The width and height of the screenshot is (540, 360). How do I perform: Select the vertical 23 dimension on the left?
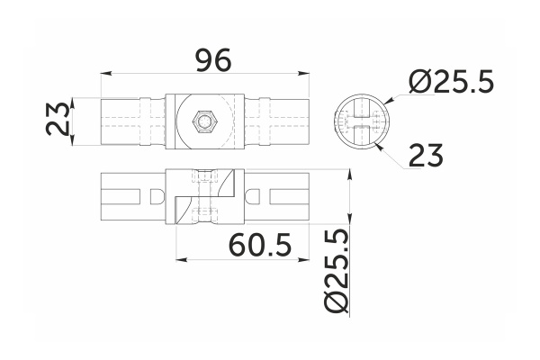pos(59,120)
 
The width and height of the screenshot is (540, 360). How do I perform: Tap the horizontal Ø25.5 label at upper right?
pos(451,83)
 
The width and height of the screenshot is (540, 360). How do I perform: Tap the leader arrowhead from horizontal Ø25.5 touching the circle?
pos(383,100)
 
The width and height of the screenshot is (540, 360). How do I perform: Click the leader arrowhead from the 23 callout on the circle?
pos(379,139)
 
